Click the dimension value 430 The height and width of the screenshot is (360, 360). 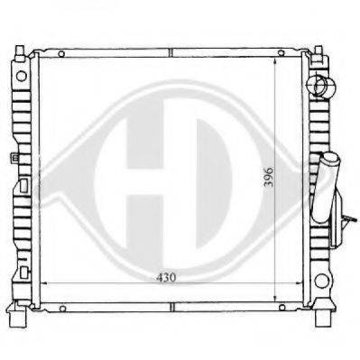(166, 278)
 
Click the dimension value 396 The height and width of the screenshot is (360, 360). (269, 177)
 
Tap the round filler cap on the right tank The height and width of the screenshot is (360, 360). (321, 86)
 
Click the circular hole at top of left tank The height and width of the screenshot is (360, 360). (22, 76)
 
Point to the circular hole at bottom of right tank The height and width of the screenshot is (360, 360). (321, 282)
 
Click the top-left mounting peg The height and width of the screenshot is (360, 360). (20, 52)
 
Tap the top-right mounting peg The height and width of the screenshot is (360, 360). (318, 52)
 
